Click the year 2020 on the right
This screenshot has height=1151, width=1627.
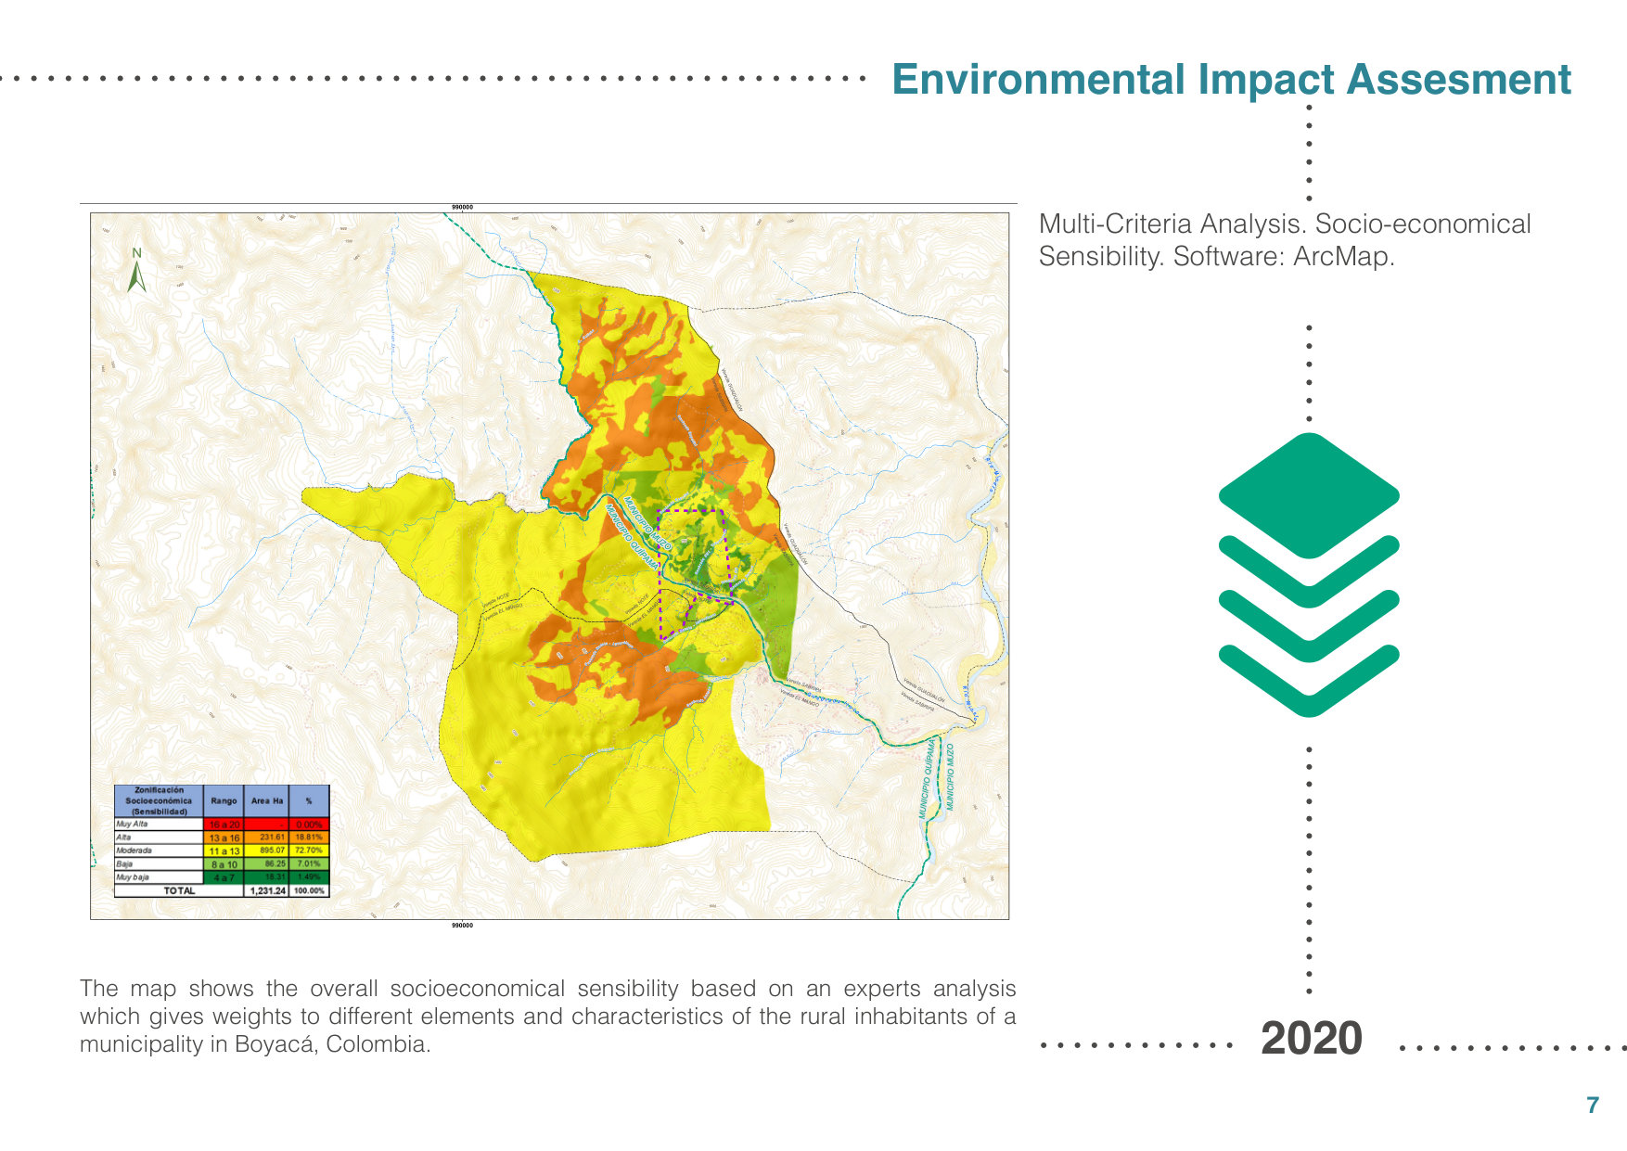[x=1311, y=1038]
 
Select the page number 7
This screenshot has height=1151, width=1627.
[x=1593, y=1105]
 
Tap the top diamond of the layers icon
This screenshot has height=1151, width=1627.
[x=1308, y=494]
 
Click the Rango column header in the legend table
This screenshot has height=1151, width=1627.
[x=224, y=800]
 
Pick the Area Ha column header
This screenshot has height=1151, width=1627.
[x=267, y=800]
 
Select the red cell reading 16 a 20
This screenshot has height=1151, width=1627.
[x=224, y=825]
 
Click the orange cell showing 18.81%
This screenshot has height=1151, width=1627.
[x=309, y=838]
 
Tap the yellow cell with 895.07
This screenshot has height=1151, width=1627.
[x=267, y=850]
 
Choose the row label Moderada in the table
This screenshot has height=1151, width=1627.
[x=135, y=850]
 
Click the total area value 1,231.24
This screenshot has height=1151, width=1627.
[x=267, y=890]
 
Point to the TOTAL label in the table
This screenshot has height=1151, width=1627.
[x=179, y=890]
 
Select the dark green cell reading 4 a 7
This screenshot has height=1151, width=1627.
[x=224, y=877]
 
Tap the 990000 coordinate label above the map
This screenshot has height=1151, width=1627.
[x=461, y=207]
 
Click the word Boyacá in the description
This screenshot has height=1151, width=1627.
[x=275, y=1044]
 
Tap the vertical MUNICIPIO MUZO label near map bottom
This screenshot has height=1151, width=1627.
[x=950, y=777]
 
